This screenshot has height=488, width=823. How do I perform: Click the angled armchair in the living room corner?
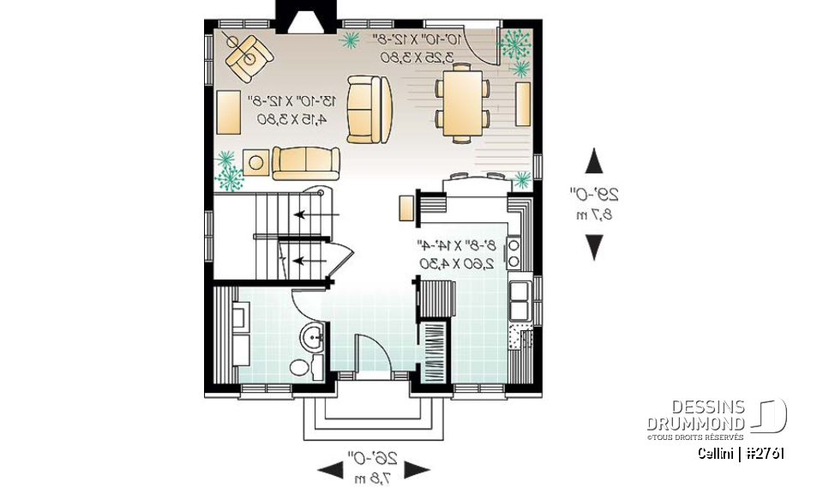(248, 51)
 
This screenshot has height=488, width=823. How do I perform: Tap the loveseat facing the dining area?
(369, 107)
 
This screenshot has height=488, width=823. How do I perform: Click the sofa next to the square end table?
(306, 163)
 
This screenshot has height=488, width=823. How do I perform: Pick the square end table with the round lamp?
(255, 161)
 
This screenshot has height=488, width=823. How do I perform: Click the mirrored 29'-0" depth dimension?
(593, 204)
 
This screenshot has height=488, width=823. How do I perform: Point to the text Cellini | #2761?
(740, 453)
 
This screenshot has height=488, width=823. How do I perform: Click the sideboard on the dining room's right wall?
(522, 104)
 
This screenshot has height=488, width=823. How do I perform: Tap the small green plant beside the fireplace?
(351, 39)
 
